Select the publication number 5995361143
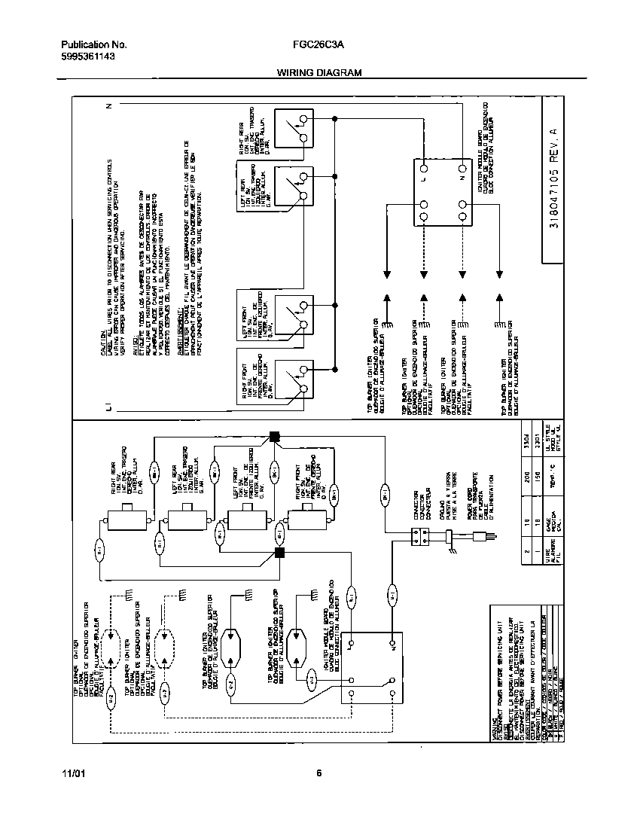[87, 56]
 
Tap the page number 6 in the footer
[319, 773]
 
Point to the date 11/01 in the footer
[72, 773]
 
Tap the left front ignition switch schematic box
[292, 315]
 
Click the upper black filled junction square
[274, 436]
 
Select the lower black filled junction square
[280, 553]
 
